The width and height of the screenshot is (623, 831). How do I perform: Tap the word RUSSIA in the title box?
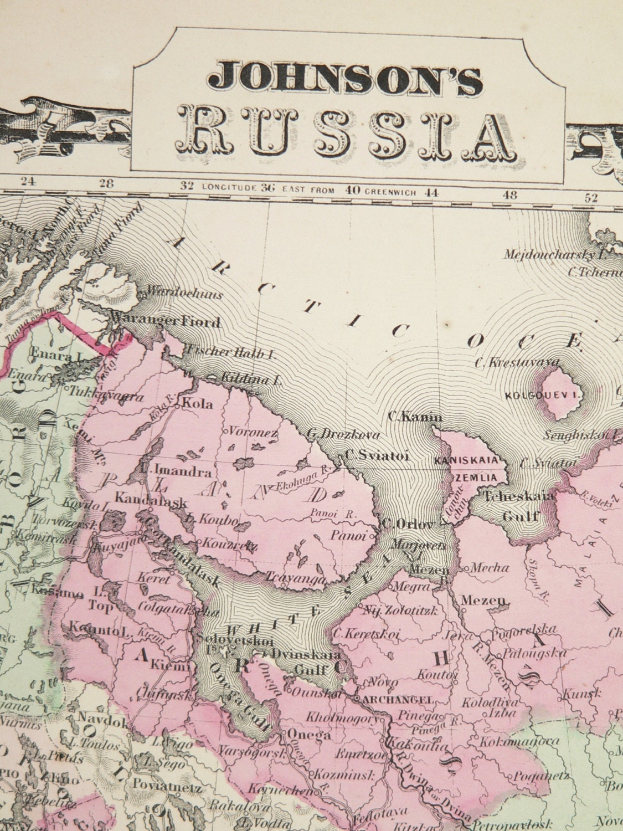click(349, 129)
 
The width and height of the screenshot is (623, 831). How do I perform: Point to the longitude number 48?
click(510, 195)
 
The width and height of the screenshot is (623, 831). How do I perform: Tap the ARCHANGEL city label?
click(398, 700)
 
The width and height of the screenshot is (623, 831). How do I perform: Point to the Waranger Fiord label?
click(166, 322)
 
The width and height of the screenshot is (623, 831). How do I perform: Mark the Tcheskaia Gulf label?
click(519, 505)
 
